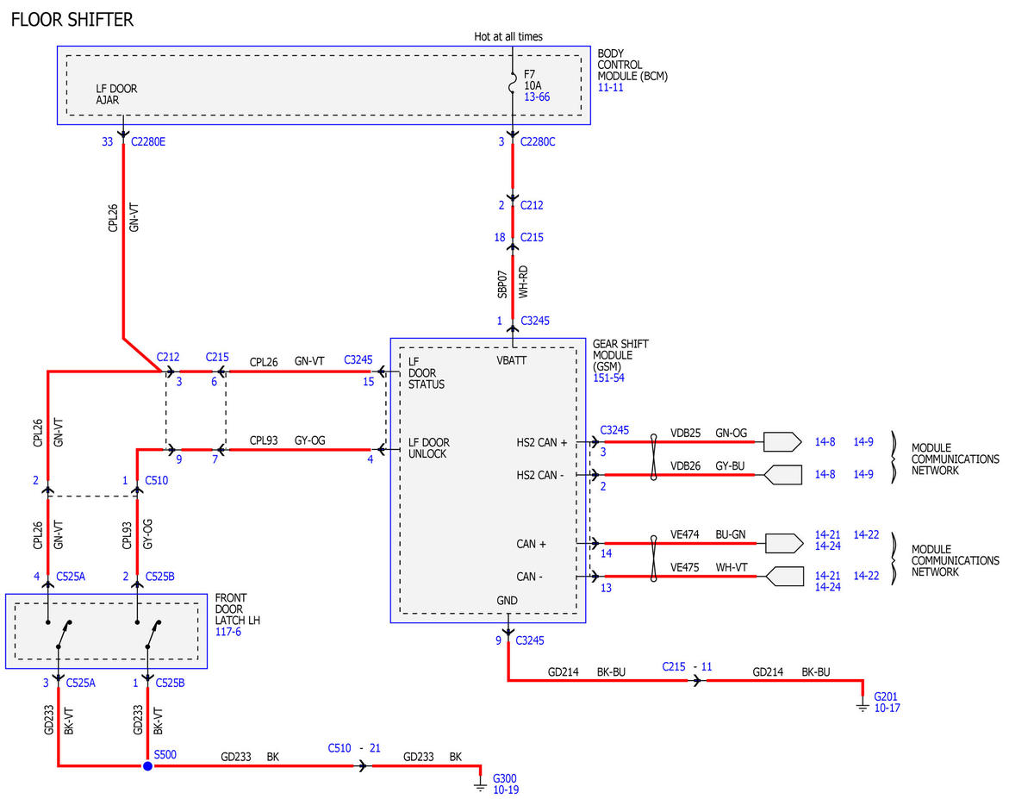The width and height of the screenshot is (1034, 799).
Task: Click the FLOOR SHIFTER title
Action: (72, 20)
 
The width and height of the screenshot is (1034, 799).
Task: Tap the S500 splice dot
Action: (147, 765)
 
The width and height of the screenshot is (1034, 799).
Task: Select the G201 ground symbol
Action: (863, 705)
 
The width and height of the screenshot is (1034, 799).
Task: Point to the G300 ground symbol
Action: (480, 784)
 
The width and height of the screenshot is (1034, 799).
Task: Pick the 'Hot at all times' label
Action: (508, 37)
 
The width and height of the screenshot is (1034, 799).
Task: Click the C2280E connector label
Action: (148, 142)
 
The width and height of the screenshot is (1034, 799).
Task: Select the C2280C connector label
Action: (538, 142)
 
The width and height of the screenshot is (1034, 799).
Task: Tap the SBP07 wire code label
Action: (501, 284)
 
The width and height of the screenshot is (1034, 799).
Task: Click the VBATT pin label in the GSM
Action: (512, 361)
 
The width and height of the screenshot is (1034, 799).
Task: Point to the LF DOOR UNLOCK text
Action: (429, 448)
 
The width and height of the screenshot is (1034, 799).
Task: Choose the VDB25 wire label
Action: (685, 433)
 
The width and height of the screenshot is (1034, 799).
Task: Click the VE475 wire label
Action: (685, 568)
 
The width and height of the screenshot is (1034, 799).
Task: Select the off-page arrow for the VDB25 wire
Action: (782, 441)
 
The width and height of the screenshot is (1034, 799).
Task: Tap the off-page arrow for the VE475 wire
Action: (785, 577)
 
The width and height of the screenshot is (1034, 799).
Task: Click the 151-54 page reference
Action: (608, 378)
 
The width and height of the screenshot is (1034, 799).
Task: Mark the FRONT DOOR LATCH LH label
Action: (238, 609)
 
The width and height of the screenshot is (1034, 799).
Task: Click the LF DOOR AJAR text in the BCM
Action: (116, 94)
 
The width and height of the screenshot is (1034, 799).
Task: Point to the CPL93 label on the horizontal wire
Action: (264, 440)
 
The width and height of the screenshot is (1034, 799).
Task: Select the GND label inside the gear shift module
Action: (507, 601)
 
